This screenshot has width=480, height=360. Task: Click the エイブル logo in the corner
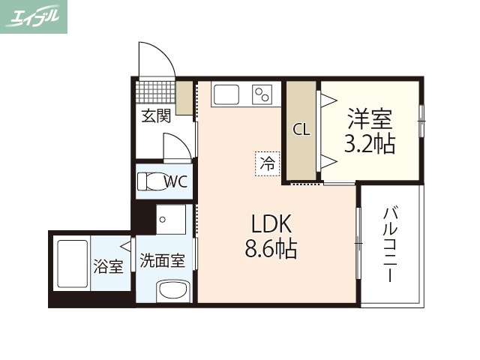coord(34,16)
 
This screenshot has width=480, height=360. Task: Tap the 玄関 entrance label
coord(157,115)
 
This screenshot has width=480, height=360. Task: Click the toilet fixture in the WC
coord(151,182)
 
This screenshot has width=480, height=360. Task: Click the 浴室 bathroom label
coord(109,265)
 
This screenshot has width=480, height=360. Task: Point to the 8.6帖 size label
coord(271,247)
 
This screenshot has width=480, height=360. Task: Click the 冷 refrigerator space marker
coord(266,162)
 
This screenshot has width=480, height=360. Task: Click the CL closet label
coord(301,129)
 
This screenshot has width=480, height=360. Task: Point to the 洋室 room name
coord(370,118)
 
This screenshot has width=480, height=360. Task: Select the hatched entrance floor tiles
coord(155,93)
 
